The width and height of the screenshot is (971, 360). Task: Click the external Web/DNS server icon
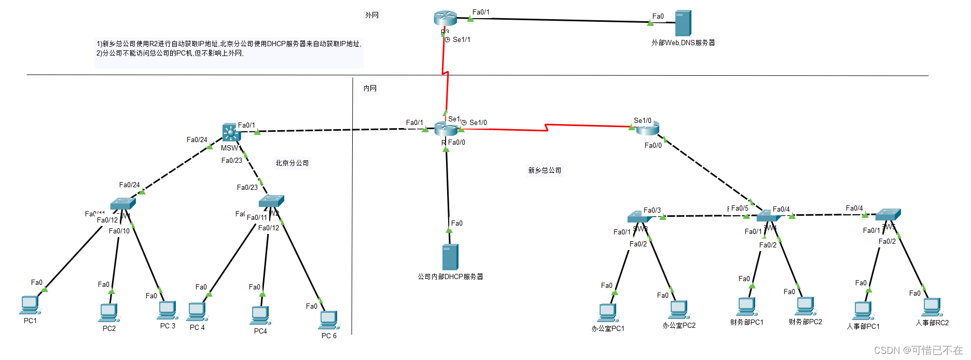pyautogui.click(x=683, y=23)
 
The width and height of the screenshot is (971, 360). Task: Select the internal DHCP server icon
pyautogui.click(x=450, y=257)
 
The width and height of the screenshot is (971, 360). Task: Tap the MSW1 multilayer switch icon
pyautogui.click(x=231, y=133)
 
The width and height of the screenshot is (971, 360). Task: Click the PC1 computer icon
pyautogui.click(x=30, y=305)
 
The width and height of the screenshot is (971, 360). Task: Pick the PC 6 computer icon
pyautogui.click(x=328, y=320)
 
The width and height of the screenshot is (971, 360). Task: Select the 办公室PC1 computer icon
pyautogui.click(x=607, y=313)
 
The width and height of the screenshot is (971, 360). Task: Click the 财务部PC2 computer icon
pyautogui.click(x=806, y=306)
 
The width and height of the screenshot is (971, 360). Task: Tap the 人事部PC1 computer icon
pyautogui.click(x=863, y=311)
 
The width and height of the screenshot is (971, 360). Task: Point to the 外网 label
pyautogui.click(x=372, y=16)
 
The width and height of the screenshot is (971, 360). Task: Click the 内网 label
pyautogui.click(x=370, y=89)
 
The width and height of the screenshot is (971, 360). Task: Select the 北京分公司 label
pyautogui.click(x=292, y=163)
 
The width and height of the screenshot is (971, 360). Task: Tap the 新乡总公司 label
pyautogui.click(x=545, y=170)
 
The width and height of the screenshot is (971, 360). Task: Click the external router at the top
pyautogui.click(x=445, y=19)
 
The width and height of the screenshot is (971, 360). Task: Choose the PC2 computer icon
pyautogui.click(x=109, y=312)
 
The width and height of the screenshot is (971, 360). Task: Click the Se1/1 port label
pyautogui.click(x=461, y=39)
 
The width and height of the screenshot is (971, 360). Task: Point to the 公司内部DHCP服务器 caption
pyautogui.click(x=450, y=277)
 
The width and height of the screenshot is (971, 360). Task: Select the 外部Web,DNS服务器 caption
pyautogui.click(x=683, y=43)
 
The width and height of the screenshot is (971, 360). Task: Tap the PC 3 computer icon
pyautogui.click(x=168, y=310)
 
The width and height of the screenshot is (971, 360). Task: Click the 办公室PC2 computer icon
pyautogui.click(x=678, y=310)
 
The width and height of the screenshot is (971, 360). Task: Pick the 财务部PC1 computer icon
pyautogui.click(x=746, y=307)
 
